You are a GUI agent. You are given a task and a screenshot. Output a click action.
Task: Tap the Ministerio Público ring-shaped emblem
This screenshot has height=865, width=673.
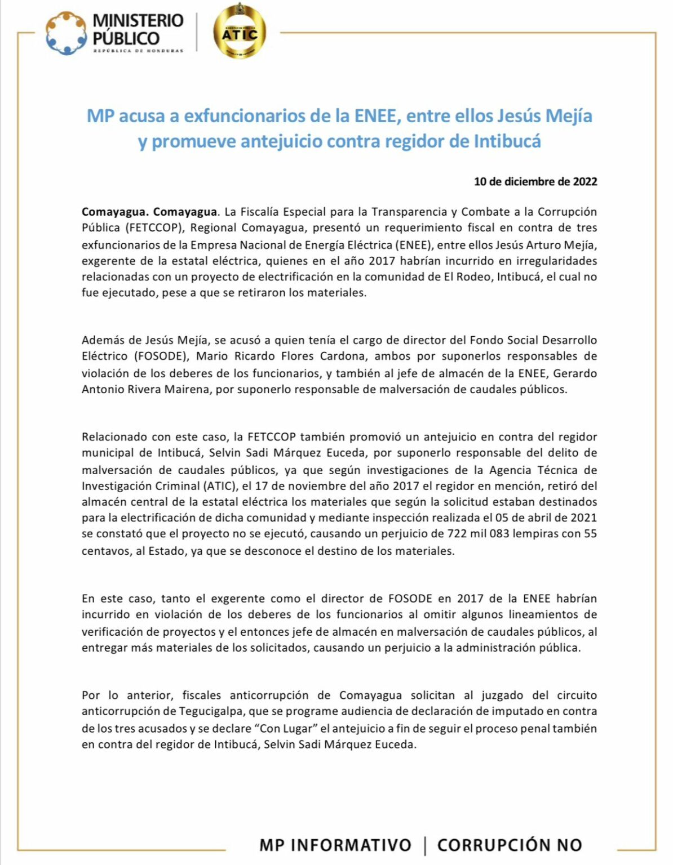(x=66, y=34)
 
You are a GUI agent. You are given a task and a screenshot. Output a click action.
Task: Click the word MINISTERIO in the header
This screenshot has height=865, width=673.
(x=138, y=21)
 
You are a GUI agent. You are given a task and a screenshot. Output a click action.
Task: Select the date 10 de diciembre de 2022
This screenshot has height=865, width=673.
(x=535, y=181)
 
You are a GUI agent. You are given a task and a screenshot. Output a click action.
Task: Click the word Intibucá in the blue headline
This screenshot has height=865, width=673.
(x=507, y=141)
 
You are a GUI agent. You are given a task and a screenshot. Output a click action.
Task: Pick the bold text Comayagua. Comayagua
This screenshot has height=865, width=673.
(x=149, y=212)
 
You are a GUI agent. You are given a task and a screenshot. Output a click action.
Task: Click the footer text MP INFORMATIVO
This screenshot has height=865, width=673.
(x=335, y=845)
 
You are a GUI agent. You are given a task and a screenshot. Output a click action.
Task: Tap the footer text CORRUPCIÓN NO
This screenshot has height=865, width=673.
(x=510, y=845)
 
